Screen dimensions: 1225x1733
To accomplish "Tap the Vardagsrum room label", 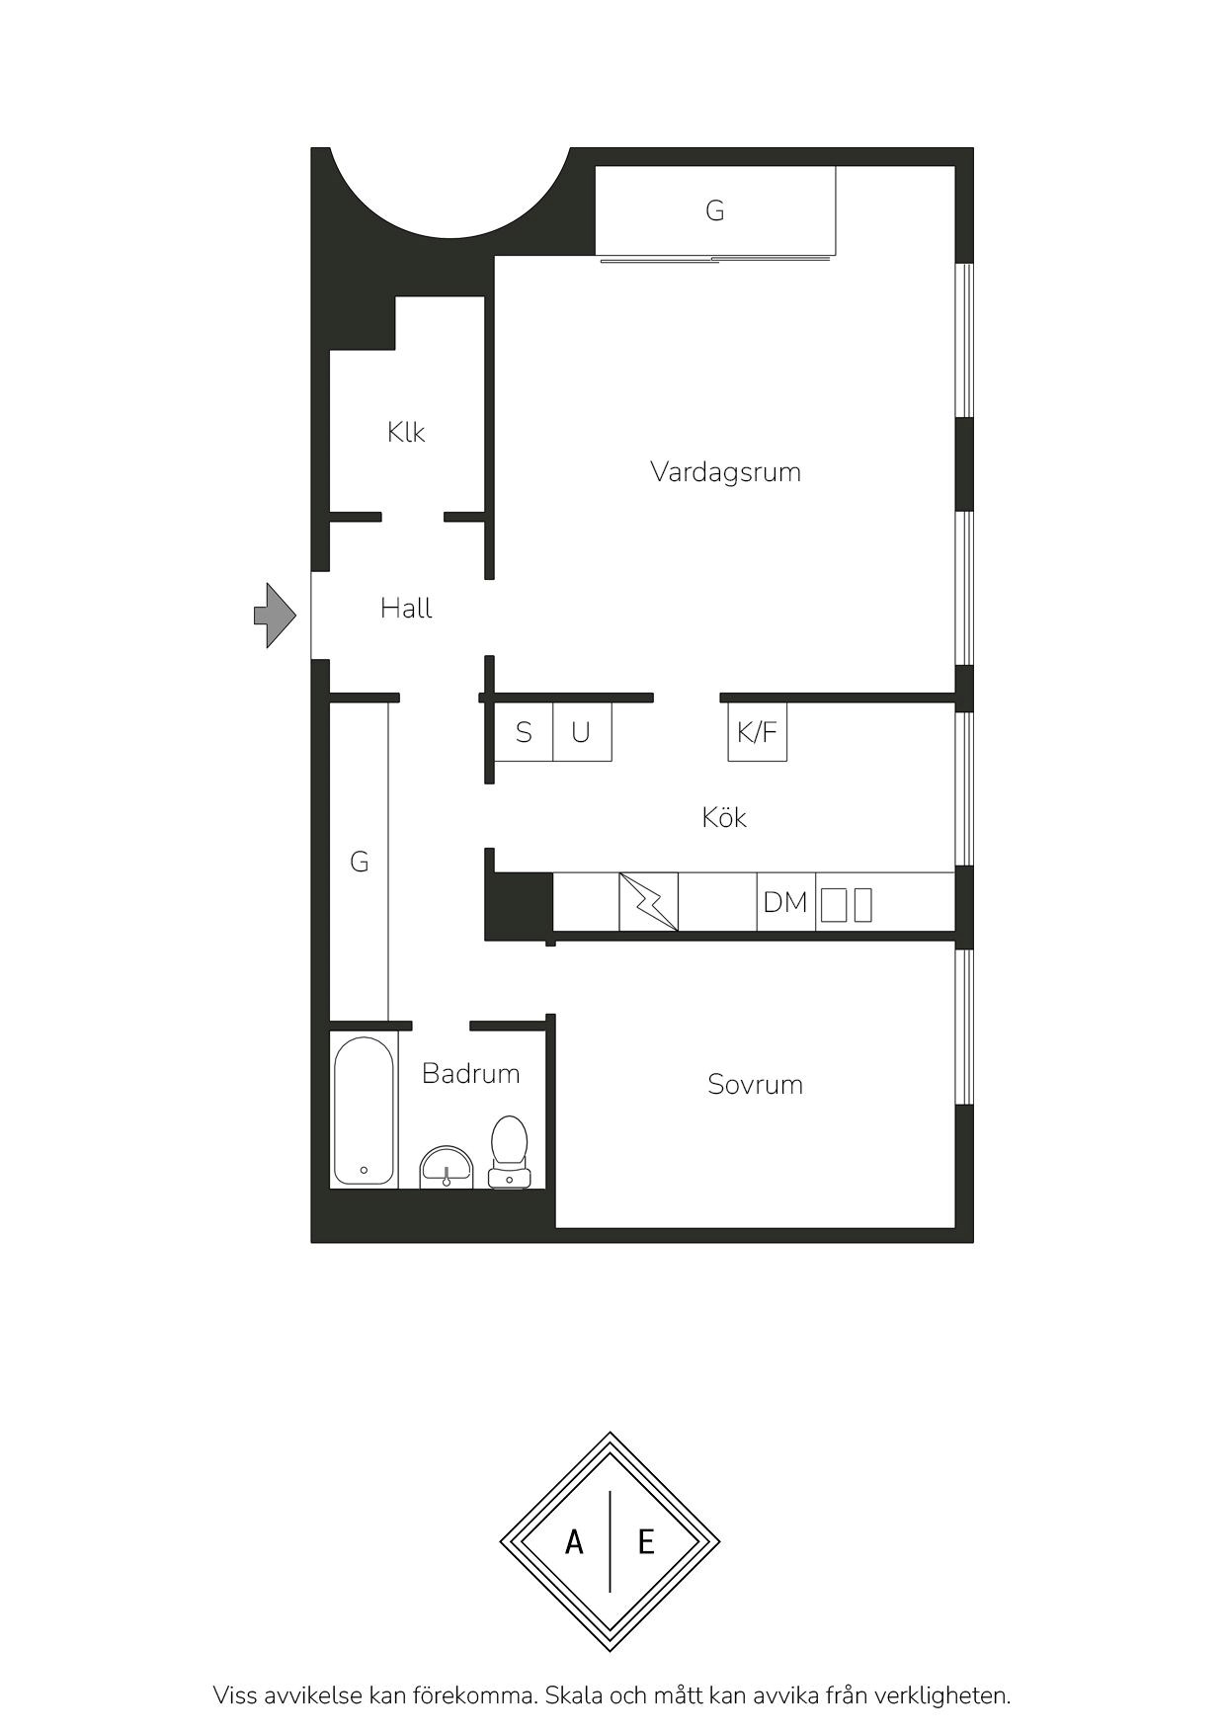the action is tap(725, 472).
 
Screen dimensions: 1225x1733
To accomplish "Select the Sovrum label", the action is tap(755, 1085).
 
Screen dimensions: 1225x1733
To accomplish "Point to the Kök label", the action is tap(724, 817).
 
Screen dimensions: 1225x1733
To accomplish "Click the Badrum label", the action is tap(470, 1074).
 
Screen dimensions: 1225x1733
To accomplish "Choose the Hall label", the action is tap(406, 609).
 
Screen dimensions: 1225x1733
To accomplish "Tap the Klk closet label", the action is tap(406, 432).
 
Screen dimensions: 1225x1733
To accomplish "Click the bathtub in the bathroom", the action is tap(365, 1111).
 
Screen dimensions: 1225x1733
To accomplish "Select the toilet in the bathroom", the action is tap(509, 1151).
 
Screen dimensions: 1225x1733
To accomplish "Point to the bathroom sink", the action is tap(447, 1166).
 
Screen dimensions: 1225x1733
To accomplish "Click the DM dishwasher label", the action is tap(785, 902).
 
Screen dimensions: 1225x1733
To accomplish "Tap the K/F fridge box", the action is tap(758, 731).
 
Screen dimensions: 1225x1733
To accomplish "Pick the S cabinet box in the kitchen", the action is tap(524, 731).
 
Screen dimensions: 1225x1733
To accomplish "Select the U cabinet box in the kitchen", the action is tap(582, 731).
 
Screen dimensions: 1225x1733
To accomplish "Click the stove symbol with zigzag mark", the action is tap(649, 901).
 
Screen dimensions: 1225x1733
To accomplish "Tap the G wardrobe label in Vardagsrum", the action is tap(715, 209).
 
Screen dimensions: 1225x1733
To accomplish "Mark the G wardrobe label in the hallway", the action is tap(360, 862).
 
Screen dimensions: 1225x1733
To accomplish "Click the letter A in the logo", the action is tap(574, 1541).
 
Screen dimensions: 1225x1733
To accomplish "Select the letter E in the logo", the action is tap(646, 1541).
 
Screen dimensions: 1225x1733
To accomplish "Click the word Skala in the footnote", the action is tap(576, 1695).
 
